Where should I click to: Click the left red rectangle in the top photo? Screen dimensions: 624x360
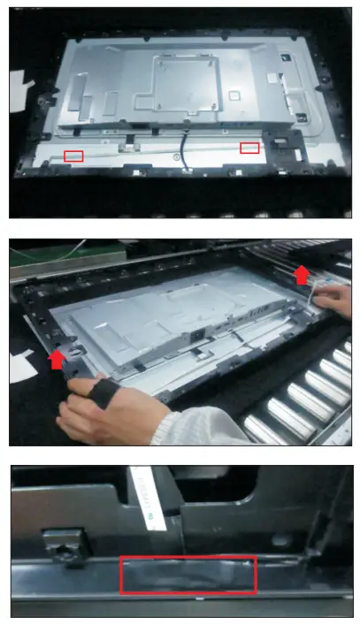click(x=73, y=156)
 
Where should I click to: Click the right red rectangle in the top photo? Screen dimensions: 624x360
click(x=250, y=148)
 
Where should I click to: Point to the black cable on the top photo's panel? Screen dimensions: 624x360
click(x=185, y=145)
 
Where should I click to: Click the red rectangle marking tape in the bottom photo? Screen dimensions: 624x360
click(x=188, y=575)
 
